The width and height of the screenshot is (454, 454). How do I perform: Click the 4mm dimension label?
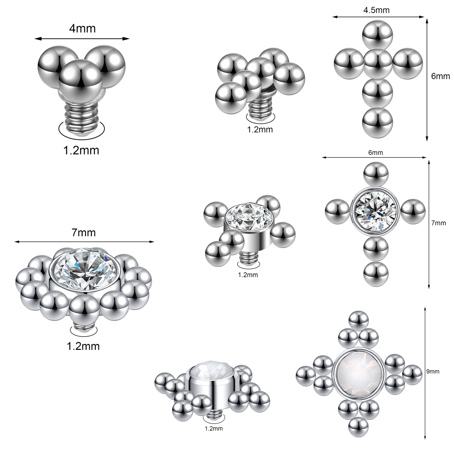coord(82,28)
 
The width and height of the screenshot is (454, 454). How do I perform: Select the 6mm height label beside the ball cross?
coord(440,76)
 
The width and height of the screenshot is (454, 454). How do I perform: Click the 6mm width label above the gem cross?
coord(376,153)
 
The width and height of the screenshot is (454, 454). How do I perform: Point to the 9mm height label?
coord(433,372)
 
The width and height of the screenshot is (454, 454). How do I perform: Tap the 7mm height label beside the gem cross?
coord(439,223)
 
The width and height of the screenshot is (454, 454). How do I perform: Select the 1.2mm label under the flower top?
coord(83,346)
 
